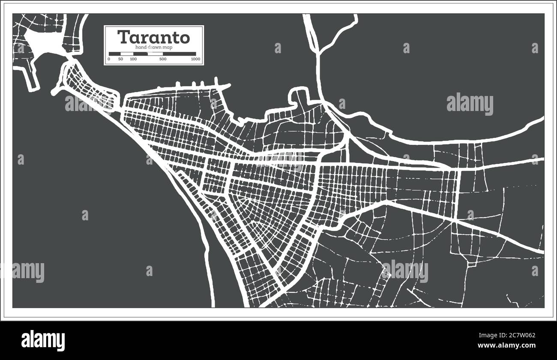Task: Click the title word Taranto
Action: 153,37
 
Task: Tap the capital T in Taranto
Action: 123,37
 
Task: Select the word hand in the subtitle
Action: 141,47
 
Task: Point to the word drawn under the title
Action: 156,47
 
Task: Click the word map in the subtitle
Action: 168,47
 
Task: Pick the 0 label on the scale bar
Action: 109,59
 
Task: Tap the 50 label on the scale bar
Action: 120,59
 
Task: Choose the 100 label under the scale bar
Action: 133,59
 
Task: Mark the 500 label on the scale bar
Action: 163,59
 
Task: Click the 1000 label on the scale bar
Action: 195,59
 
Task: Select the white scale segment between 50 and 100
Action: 127,54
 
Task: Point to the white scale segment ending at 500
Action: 155,54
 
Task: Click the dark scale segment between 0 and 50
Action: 115,54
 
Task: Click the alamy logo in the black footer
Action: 43,341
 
